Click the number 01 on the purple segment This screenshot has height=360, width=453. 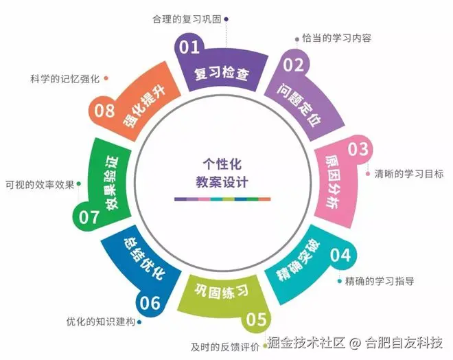click(190, 47)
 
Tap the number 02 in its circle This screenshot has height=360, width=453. click(294, 65)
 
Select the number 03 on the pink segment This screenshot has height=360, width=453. click(358, 149)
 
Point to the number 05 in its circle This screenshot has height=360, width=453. click(256, 319)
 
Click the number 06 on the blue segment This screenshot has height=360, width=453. click(150, 302)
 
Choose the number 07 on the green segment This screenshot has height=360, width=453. click(89, 218)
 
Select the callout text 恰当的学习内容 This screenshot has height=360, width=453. click(337, 38)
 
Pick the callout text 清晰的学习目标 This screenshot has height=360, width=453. click(409, 174)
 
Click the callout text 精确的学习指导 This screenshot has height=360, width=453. click(380, 280)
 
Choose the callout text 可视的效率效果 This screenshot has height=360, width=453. click(39, 184)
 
